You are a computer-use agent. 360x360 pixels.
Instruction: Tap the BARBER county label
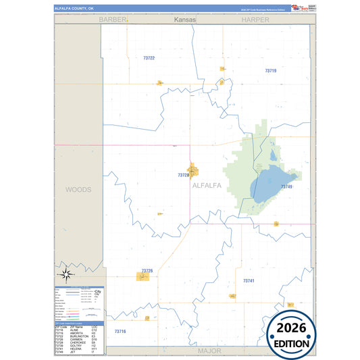tap(113, 20)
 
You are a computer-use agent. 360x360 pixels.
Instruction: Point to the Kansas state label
tap(184, 20)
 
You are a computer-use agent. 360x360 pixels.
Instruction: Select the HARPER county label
tap(255, 20)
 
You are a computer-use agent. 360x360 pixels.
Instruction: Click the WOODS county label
tap(78, 190)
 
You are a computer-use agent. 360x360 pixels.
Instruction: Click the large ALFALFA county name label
tap(210, 184)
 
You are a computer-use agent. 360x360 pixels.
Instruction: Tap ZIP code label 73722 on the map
tap(149, 58)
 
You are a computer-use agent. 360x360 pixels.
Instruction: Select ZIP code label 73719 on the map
tap(270, 70)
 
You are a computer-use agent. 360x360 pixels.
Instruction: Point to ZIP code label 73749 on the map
tap(286, 186)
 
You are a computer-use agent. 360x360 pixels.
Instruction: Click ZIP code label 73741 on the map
tap(249, 280)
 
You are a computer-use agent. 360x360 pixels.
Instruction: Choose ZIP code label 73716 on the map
tap(120, 331)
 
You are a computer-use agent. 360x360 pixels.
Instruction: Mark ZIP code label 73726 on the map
tap(147, 271)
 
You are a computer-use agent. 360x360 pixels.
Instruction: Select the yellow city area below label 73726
tap(144, 276)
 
